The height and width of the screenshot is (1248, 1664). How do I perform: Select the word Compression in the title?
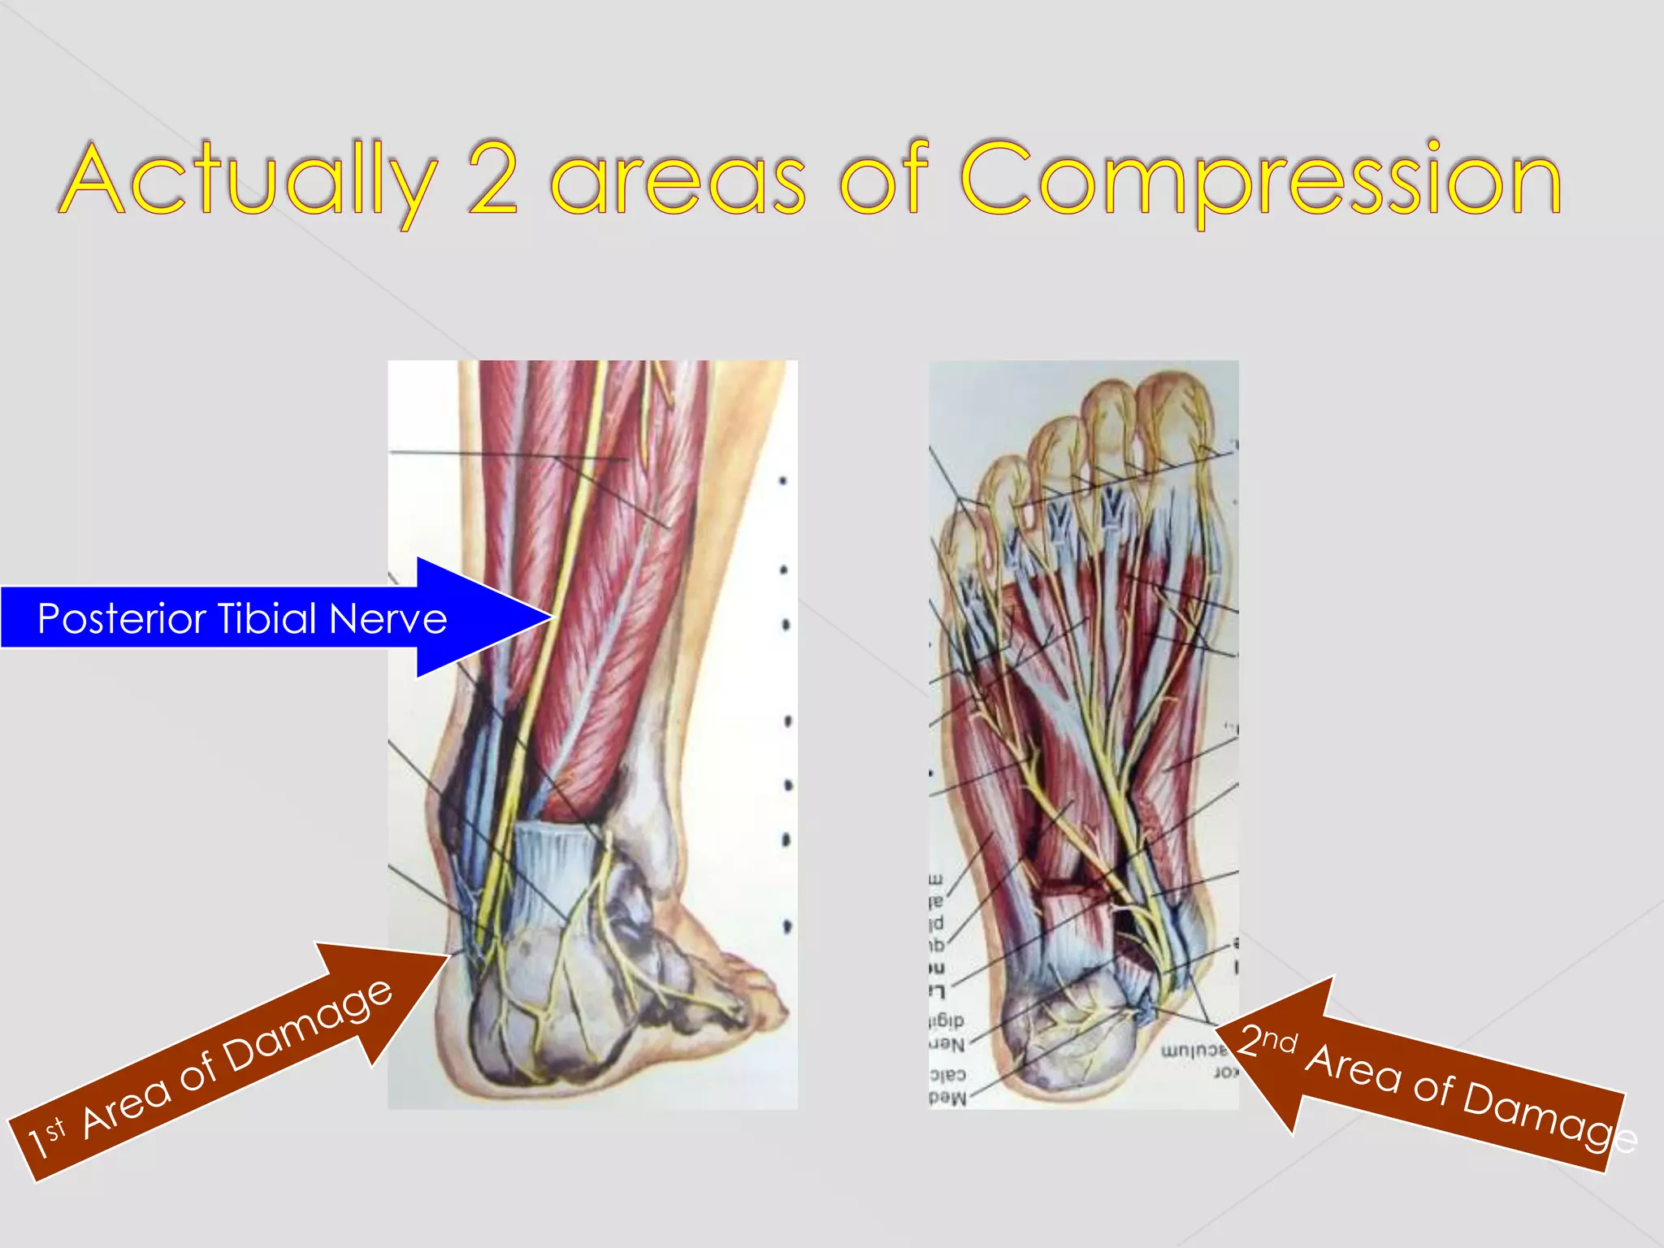pos(1259,180)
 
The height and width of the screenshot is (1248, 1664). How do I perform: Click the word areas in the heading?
pos(678,180)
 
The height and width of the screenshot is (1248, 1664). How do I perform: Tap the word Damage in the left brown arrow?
pos(309,1025)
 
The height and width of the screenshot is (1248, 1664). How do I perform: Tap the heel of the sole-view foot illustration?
pos(1064,1040)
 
